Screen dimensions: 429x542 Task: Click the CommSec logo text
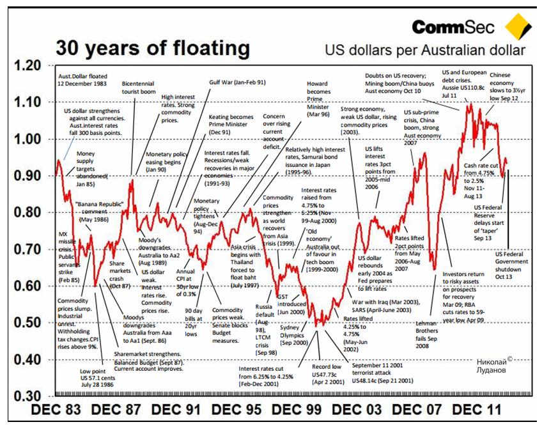click(453, 27)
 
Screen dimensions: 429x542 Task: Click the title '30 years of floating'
click(152, 48)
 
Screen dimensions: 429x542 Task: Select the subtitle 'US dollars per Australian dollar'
click(425, 51)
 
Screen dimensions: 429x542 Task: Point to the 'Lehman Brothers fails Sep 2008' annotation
click(422, 333)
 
